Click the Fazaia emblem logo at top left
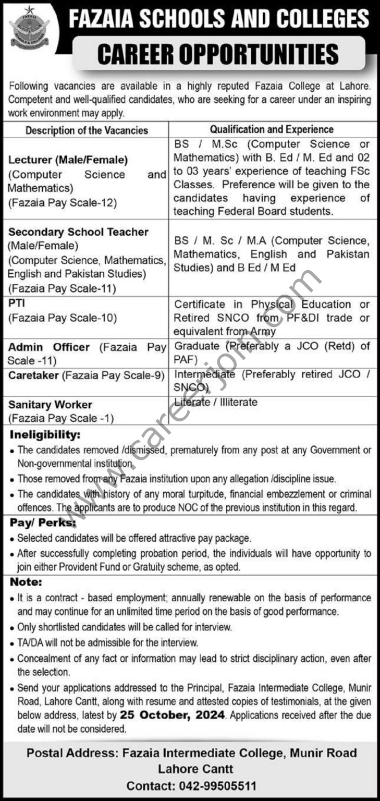(x=30, y=28)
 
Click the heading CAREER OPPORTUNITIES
(x=218, y=54)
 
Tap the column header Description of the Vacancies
(x=87, y=130)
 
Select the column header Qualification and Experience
(x=272, y=129)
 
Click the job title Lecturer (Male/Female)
(x=68, y=160)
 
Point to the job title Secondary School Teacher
(x=78, y=232)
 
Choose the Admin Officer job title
(x=49, y=347)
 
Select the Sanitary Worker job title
(x=50, y=404)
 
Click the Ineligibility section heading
(x=45, y=434)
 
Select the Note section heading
(x=24, y=582)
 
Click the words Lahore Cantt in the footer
(x=195, y=769)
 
